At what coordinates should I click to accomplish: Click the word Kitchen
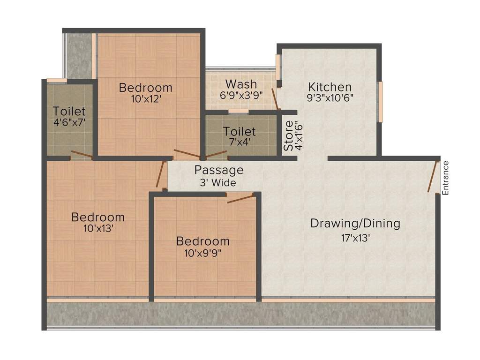coord(330,87)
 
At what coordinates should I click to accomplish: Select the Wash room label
coord(241,84)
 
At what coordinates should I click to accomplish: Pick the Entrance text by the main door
coord(446,178)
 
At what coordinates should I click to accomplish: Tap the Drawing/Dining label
coord(355,224)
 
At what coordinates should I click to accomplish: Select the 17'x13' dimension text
coord(355,238)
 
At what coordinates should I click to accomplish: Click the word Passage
coord(219,170)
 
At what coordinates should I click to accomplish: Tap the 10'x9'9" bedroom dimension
coord(202,253)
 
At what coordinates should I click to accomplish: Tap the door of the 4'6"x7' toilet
coord(81,155)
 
